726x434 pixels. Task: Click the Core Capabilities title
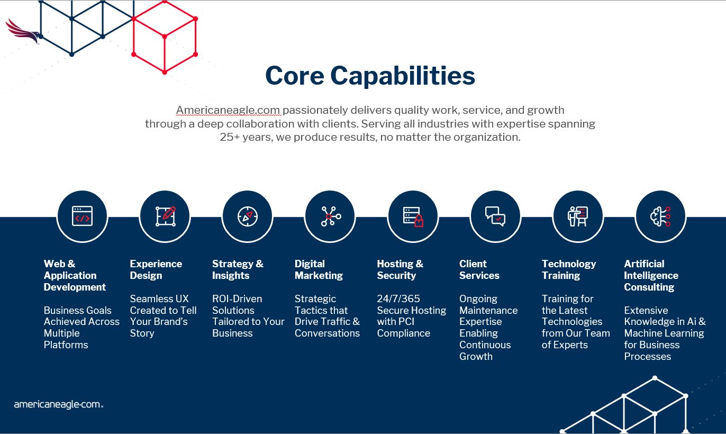tap(370, 76)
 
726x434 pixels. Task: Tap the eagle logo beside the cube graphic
tap(23, 32)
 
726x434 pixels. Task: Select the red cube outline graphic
tap(165, 37)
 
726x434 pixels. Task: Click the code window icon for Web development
tap(82, 216)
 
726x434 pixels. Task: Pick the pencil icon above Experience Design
tap(165, 216)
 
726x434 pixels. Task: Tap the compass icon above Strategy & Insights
tap(248, 216)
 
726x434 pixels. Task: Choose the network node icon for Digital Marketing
tap(331, 216)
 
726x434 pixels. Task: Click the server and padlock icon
tap(413, 217)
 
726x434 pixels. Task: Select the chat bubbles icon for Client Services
tap(495, 216)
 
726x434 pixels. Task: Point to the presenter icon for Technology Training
tap(578, 216)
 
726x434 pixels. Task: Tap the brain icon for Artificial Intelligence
tap(660, 216)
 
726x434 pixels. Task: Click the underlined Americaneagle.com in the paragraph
tap(228, 111)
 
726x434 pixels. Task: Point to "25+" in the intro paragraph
tap(230, 137)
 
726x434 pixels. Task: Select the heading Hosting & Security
tap(400, 269)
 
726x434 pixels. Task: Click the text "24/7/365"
tap(398, 299)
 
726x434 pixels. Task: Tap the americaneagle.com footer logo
tap(59, 404)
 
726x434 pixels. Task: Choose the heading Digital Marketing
tap(319, 269)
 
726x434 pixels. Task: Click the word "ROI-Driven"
tap(237, 299)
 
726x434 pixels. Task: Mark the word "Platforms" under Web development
tap(66, 345)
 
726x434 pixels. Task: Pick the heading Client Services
tap(479, 269)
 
